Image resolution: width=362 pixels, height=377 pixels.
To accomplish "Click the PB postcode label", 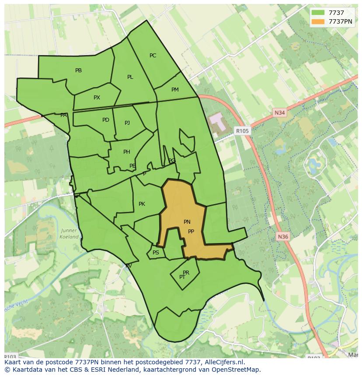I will pos(78,70).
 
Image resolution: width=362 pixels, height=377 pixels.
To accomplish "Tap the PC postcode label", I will pos(153,56).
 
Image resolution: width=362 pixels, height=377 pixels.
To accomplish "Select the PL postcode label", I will pos(130,77).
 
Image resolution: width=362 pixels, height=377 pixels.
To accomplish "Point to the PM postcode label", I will pos(175,90).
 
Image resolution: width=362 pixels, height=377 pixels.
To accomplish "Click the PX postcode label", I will pos(97,98).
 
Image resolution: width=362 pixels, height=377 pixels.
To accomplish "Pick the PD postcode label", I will pos(105,120).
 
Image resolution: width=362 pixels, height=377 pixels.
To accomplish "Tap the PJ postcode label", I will pos(127,123).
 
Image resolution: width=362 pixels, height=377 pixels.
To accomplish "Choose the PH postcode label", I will pos(126,152).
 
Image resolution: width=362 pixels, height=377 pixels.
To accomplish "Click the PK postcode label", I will pos(142,204).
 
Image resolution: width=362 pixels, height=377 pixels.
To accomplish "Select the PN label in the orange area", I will pos(187,222).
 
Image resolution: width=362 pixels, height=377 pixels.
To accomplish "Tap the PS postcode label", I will pos(156,253).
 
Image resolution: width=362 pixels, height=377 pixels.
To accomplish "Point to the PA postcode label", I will pos(63,115).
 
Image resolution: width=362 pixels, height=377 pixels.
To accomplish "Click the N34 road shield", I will pos(280,113).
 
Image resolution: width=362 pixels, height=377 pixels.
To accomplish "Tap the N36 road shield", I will pos(283,237).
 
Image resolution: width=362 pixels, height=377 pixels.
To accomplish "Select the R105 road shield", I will pos(242,130).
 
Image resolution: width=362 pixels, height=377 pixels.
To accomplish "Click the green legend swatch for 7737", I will pos(318,13).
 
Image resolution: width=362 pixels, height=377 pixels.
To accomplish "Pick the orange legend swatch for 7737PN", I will pos(318,21).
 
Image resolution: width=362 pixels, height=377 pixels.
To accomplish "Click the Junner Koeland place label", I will pos(69,234).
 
